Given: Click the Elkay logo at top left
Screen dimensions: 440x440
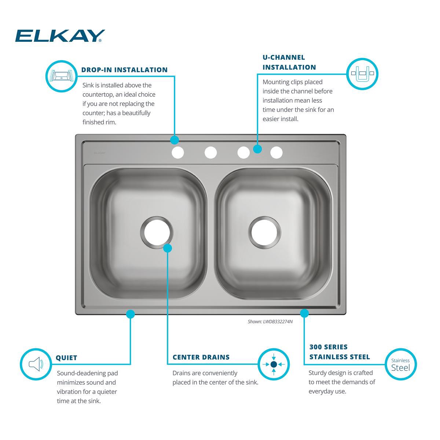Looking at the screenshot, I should coord(60,36).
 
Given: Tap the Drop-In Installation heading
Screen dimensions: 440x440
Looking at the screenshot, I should coord(124,70).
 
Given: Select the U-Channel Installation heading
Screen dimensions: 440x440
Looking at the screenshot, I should coord(289,62).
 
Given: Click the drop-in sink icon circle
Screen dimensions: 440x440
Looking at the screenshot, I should coord(61,76).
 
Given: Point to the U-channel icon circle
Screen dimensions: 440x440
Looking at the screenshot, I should coord(362,73).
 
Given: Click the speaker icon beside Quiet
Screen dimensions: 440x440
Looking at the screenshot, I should coord(36,364).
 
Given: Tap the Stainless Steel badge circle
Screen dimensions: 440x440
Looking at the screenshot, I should coord(400,364).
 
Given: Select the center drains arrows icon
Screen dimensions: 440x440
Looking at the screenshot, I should coord(274,364).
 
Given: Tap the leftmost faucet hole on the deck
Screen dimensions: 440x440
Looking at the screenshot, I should coord(177,153).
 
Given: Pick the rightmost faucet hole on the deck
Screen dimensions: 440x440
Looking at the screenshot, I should coord(276,153).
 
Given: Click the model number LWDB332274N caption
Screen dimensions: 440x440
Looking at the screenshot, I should coord(270,322).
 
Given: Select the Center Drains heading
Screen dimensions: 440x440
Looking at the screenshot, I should coord(201,357).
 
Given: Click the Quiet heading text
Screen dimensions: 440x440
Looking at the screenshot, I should coord(66,358).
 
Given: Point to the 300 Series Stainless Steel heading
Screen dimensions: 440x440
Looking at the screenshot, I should coord(339,352).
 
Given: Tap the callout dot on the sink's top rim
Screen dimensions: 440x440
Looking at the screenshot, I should coord(175,140).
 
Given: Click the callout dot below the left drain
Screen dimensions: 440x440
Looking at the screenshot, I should coord(167,248).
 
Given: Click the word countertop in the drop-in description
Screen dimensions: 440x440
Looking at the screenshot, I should coord(99,95).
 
